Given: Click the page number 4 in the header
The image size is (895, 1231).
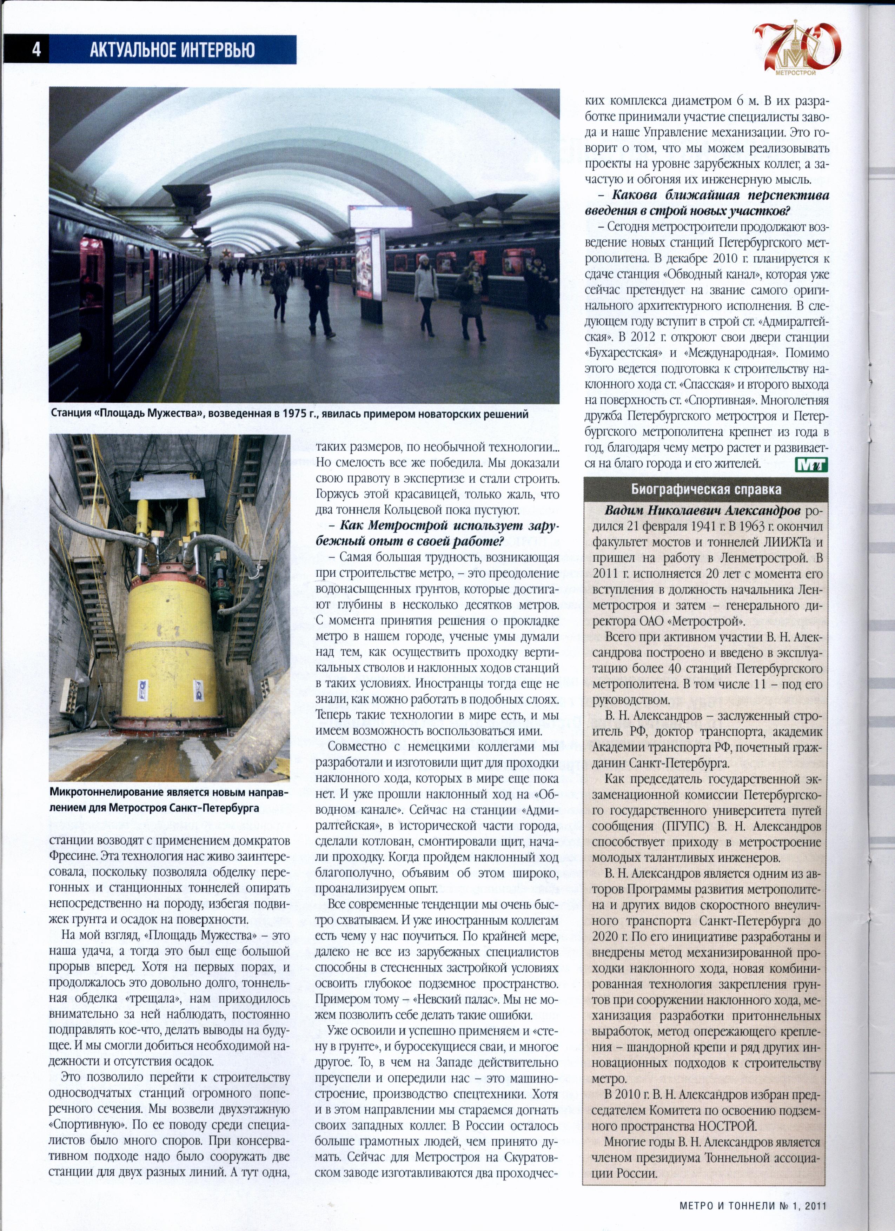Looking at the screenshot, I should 36,50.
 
